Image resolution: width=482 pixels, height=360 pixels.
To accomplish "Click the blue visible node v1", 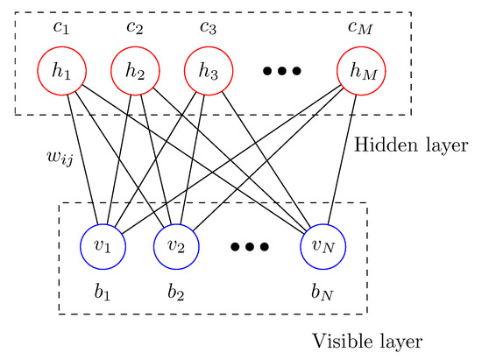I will click(102, 244).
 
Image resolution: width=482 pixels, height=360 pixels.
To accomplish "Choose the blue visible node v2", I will click(175, 244).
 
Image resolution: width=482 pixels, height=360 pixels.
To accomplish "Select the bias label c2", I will click(134, 27).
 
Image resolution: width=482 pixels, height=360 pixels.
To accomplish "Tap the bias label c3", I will click(208, 27).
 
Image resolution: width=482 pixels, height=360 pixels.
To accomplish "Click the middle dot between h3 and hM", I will click(282, 71).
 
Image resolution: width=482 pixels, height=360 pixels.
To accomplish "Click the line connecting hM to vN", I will click(343, 158).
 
